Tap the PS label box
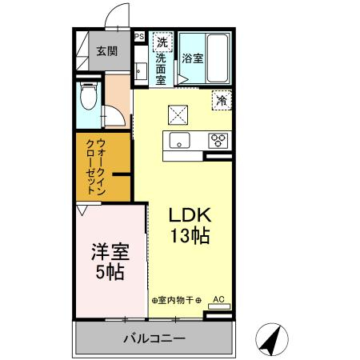click(x=139, y=37)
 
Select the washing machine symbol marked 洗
click(x=162, y=42)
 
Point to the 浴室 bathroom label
click(x=191, y=58)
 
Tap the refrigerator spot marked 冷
click(x=221, y=101)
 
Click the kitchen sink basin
click(x=178, y=141)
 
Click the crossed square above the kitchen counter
click(x=177, y=114)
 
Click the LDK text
click(x=189, y=216)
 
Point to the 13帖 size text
click(x=189, y=236)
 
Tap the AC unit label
click(x=218, y=301)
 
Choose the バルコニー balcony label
click(x=154, y=338)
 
